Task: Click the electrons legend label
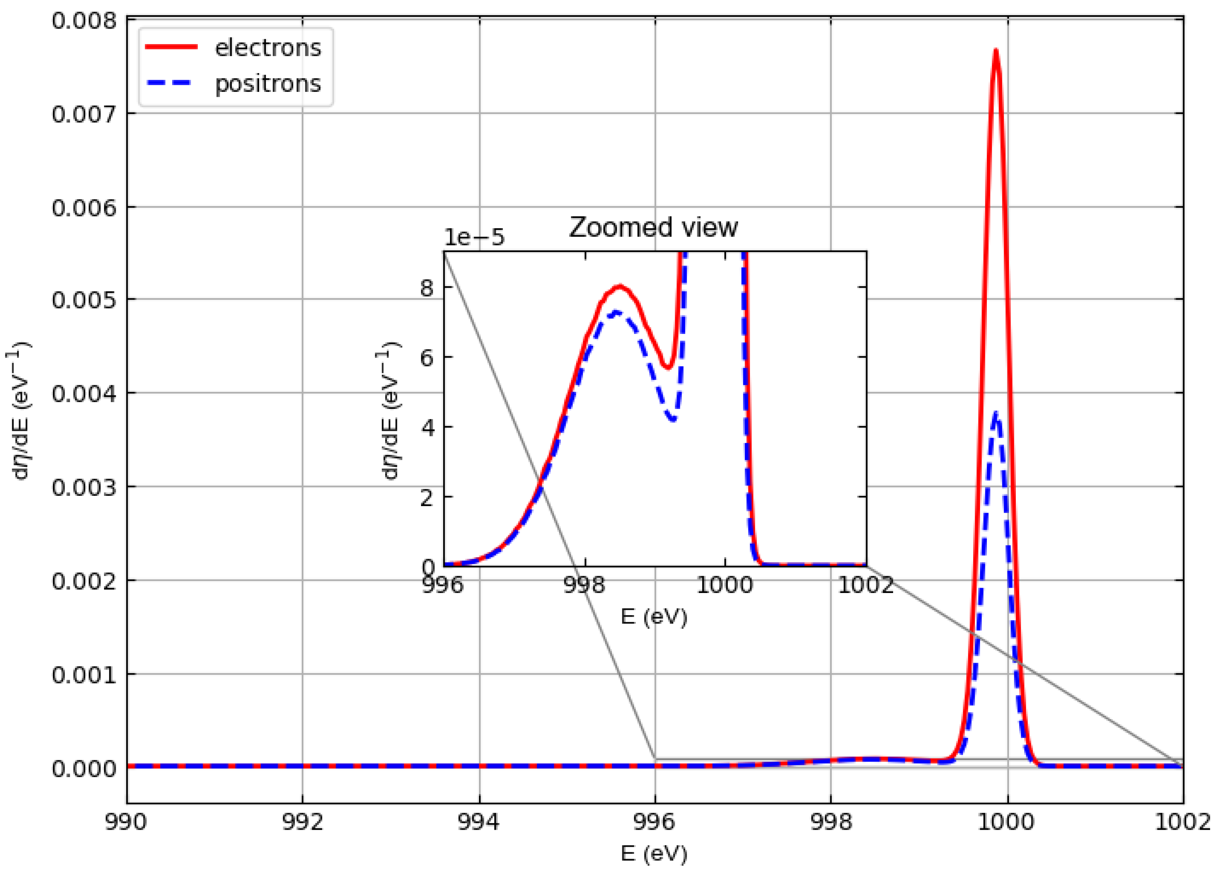coord(268,48)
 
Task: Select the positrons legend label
coord(268,84)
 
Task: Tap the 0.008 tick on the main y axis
coord(84,21)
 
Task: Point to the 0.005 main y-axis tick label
coord(84,300)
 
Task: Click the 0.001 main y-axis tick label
coord(84,675)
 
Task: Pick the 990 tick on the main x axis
coord(126,822)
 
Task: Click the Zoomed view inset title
coord(653,228)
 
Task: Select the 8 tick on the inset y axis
coord(427,288)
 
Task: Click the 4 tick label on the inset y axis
coord(427,428)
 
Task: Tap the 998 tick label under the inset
coord(585,585)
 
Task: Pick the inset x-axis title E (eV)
coord(653,617)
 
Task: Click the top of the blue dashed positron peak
coord(996,413)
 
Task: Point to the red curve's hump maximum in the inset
coord(620,286)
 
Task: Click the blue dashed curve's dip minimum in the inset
coord(673,419)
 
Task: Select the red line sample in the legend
coord(172,47)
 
